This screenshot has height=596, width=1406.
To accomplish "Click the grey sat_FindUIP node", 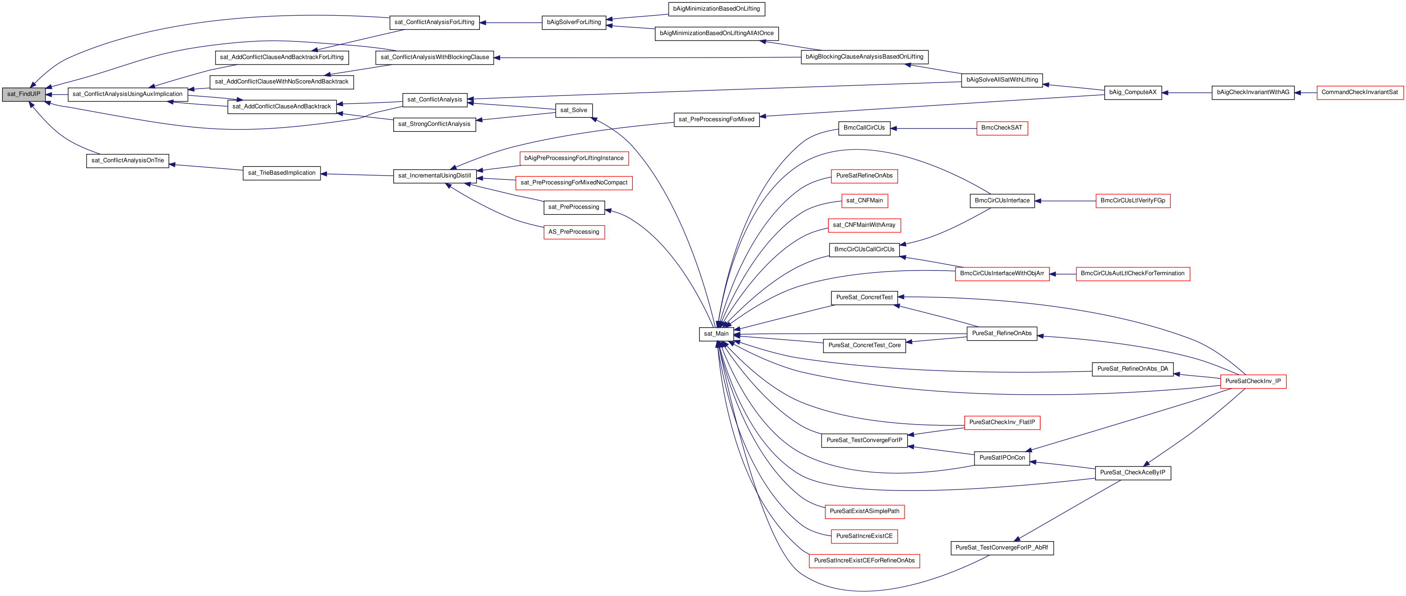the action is [x=23, y=94].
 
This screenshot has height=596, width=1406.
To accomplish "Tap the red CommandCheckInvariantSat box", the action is [x=1359, y=92].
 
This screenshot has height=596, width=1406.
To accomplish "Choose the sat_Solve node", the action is [x=574, y=110].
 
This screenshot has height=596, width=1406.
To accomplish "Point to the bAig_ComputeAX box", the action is [x=1132, y=92].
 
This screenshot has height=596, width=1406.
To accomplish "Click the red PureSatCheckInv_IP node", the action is [x=1253, y=381].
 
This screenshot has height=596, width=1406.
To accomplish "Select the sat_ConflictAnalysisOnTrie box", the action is [x=128, y=160].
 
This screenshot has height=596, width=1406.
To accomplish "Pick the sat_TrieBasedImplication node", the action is [x=282, y=173].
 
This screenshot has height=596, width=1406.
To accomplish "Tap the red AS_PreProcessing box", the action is [x=574, y=232].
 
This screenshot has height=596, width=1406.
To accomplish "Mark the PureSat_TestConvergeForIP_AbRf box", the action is [x=1002, y=548].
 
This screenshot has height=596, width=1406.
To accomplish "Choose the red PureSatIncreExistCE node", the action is [x=864, y=537].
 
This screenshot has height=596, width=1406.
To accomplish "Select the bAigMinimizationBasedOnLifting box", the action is [x=716, y=9].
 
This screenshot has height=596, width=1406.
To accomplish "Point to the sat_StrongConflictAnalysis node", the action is [x=434, y=124].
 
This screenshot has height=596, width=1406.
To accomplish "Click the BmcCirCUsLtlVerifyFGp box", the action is [x=1132, y=201].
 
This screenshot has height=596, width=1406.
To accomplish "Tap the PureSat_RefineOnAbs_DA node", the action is [x=1132, y=369].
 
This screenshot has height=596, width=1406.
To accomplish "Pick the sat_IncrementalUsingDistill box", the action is [x=434, y=176].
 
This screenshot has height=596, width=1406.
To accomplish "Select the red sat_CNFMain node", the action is [x=864, y=201].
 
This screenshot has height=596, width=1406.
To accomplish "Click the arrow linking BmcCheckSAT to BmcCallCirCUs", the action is [x=933, y=129].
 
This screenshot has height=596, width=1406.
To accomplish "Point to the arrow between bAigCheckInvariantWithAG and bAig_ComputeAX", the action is [x=1187, y=93].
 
